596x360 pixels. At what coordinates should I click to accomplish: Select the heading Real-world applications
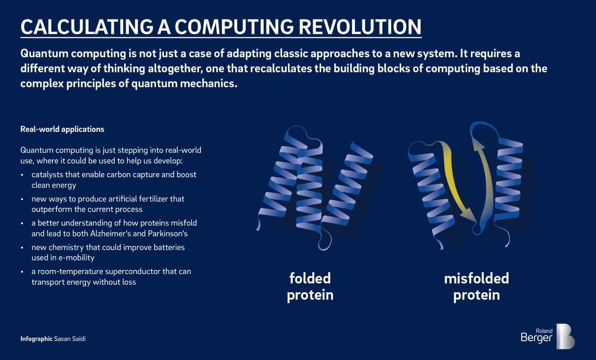[62, 129]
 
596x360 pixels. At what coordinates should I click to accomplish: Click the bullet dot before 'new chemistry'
[22, 248]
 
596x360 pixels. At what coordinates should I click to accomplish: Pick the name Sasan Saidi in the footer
[70, 339]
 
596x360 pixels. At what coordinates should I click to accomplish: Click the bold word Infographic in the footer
[37, 339]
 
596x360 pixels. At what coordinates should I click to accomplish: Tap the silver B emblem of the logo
[565, 336]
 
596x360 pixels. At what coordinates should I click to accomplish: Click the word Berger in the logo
[536, 338]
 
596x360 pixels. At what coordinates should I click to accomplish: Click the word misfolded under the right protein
[476, 278]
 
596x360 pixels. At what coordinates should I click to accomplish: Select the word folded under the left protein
[310, 278]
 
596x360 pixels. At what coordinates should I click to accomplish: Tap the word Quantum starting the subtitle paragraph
[44, 54]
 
